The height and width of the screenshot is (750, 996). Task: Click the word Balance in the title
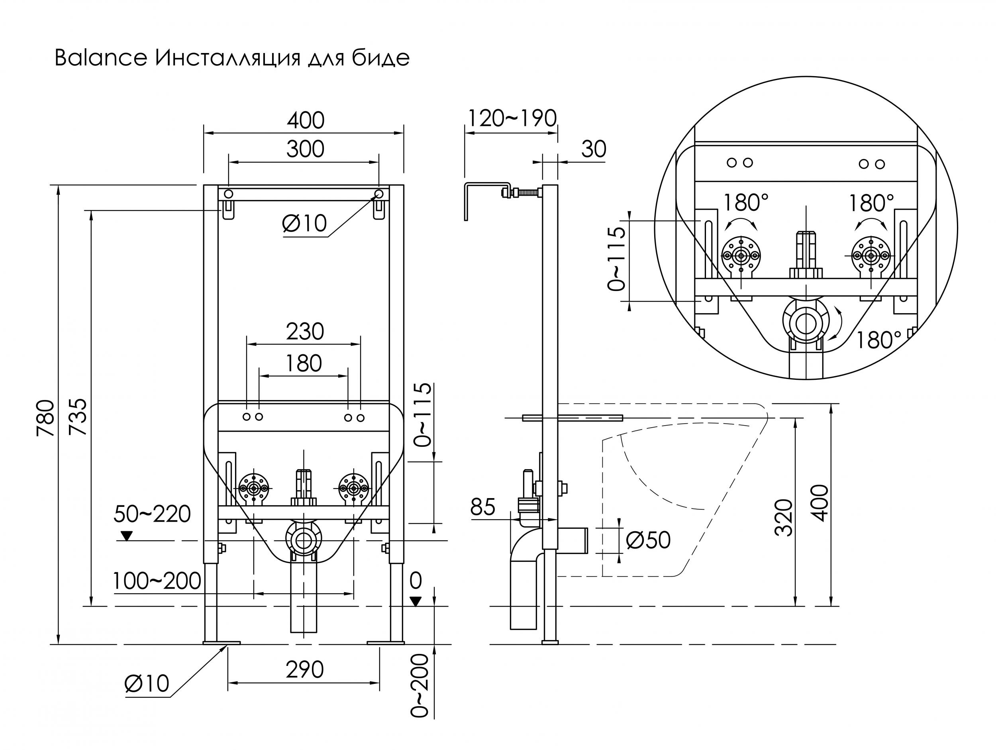click(101, 59)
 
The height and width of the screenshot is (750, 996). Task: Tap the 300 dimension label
click(305, 149)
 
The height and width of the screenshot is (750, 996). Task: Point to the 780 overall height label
click(46, 418)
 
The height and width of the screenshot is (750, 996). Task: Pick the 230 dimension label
click(305, 332)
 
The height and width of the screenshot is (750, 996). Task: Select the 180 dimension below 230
click(304, 363)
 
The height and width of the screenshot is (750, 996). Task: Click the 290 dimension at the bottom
click(305, 670)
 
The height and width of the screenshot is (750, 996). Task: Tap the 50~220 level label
click(152, 514)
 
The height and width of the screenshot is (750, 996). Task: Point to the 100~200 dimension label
click(157, 581)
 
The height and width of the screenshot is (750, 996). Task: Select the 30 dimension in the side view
click(594, 149)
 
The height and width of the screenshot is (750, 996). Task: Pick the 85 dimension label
click(483, 507)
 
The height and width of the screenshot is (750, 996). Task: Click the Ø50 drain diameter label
click(648, 540)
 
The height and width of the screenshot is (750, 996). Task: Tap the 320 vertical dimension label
click(784, 518)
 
